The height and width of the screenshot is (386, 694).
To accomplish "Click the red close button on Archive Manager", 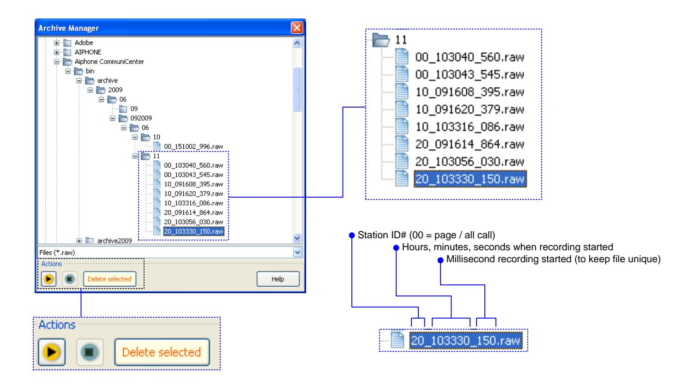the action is (297, 28).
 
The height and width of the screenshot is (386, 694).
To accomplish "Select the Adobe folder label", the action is (84, 43).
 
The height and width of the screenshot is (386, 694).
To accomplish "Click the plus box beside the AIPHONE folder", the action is (56, 52).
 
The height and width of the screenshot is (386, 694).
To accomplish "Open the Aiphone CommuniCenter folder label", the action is (109, 62).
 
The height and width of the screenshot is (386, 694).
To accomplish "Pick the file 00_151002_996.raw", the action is (193, 146).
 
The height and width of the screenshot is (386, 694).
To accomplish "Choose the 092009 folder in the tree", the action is (141, 118).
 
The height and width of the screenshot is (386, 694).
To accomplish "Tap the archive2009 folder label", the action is (114, 241).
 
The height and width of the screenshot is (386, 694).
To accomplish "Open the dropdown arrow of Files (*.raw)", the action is (297, 252).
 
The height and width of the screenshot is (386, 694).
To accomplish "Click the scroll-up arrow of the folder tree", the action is (297, 43).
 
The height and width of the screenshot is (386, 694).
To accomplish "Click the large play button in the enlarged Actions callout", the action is (52, 352).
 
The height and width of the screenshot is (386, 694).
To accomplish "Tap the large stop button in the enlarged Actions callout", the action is (89, 352).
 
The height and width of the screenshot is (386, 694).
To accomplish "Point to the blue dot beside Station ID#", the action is (352, 235).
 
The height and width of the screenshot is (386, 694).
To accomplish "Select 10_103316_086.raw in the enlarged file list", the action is (470, 127).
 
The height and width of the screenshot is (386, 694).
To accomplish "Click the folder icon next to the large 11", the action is (381, 40).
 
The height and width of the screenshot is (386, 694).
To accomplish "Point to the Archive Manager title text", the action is (68, 28).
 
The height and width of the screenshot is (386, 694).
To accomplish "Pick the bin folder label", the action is (90, 71).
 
